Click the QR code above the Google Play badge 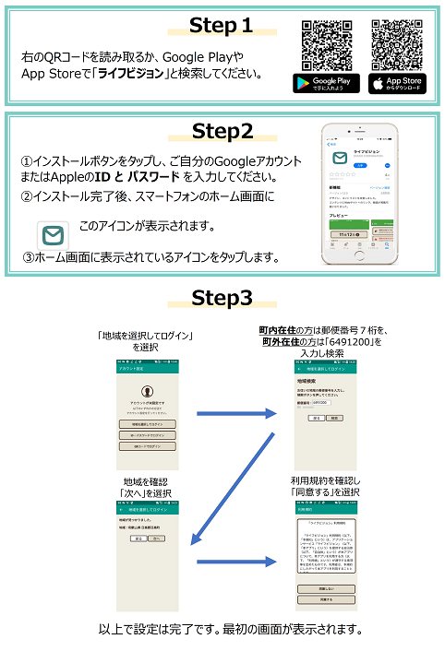pos(324,42)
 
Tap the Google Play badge pos(325,84)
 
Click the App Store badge pos(395,84)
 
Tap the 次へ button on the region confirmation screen pos(158,537)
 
